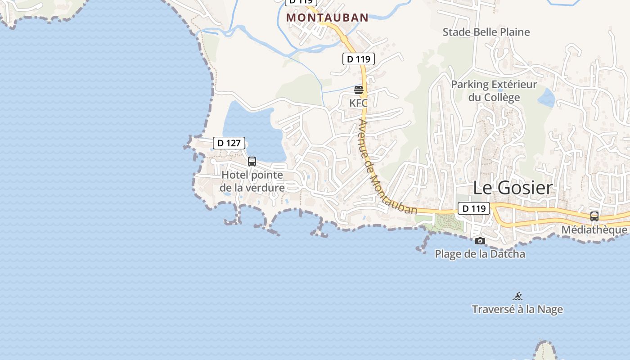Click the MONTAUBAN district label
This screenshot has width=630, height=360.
pos(327,18)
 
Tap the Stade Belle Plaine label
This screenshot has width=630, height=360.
pos(486,32)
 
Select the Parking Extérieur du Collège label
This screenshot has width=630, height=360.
pos(494,91)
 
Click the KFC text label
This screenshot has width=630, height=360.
pos(358,103)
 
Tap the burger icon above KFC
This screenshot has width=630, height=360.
pos(359,90)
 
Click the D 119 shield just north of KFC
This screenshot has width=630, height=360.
pos(359,59)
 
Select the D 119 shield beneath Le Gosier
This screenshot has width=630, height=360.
pos(474,208)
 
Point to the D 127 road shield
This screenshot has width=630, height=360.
pos(229,143)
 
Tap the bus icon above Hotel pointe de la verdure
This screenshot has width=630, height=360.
pos(252,161)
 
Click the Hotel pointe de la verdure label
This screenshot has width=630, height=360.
pos(252,181)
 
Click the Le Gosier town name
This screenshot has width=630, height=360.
pos(513,188)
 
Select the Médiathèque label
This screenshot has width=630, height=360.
pos(594,230)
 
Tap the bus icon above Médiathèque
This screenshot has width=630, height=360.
pos(594,216)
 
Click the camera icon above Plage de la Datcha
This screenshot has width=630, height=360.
pos(480,241)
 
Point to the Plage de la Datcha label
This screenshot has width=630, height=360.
pos(480,254)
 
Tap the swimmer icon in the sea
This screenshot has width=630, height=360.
pos(518,296)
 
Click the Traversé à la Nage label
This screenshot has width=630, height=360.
pos(517,310)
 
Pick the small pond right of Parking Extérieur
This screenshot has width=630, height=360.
pos(546,98)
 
